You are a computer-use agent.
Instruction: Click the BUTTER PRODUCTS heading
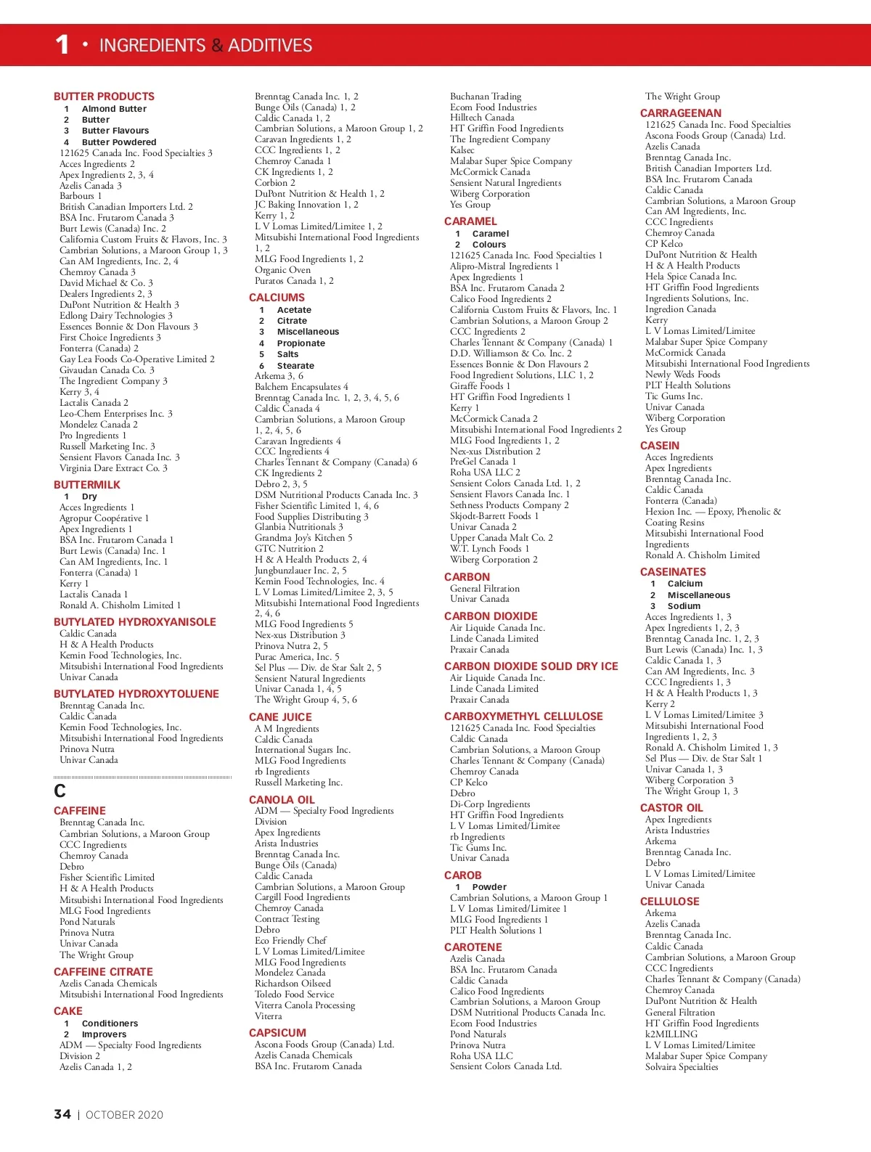(x=104, y=97)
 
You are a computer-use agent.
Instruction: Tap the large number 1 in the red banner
(x=62, y=45)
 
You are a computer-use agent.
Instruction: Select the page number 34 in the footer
(x=62, y=1114)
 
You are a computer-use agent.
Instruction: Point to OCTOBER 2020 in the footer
(x=124, y=1115)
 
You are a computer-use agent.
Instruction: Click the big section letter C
(x=60, y=791)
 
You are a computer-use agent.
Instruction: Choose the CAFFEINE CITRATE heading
(x=103, y=972)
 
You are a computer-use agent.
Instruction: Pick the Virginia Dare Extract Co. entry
(x=113, y=468)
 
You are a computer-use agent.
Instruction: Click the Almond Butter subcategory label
(x=114, y=109)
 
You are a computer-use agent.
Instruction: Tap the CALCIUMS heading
(x=277, y=298)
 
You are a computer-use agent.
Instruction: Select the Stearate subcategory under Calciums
(x=295, y=366)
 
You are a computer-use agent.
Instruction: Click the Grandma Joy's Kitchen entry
(x=303, y=538)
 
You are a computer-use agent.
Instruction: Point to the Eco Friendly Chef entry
(x=290, y=941)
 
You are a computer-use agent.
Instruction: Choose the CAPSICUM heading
(x=277, y=1033)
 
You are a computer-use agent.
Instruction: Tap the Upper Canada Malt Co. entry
(x=501, y=538)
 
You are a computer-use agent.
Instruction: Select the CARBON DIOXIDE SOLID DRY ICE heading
(x=531, y=666)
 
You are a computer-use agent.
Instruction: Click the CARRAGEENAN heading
(x=681, y=113)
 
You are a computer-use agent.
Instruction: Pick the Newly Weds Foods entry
(x=682, y=375)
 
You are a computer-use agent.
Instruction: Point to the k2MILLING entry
(x=671, y=1034)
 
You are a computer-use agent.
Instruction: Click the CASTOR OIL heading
(x=671, y=808)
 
